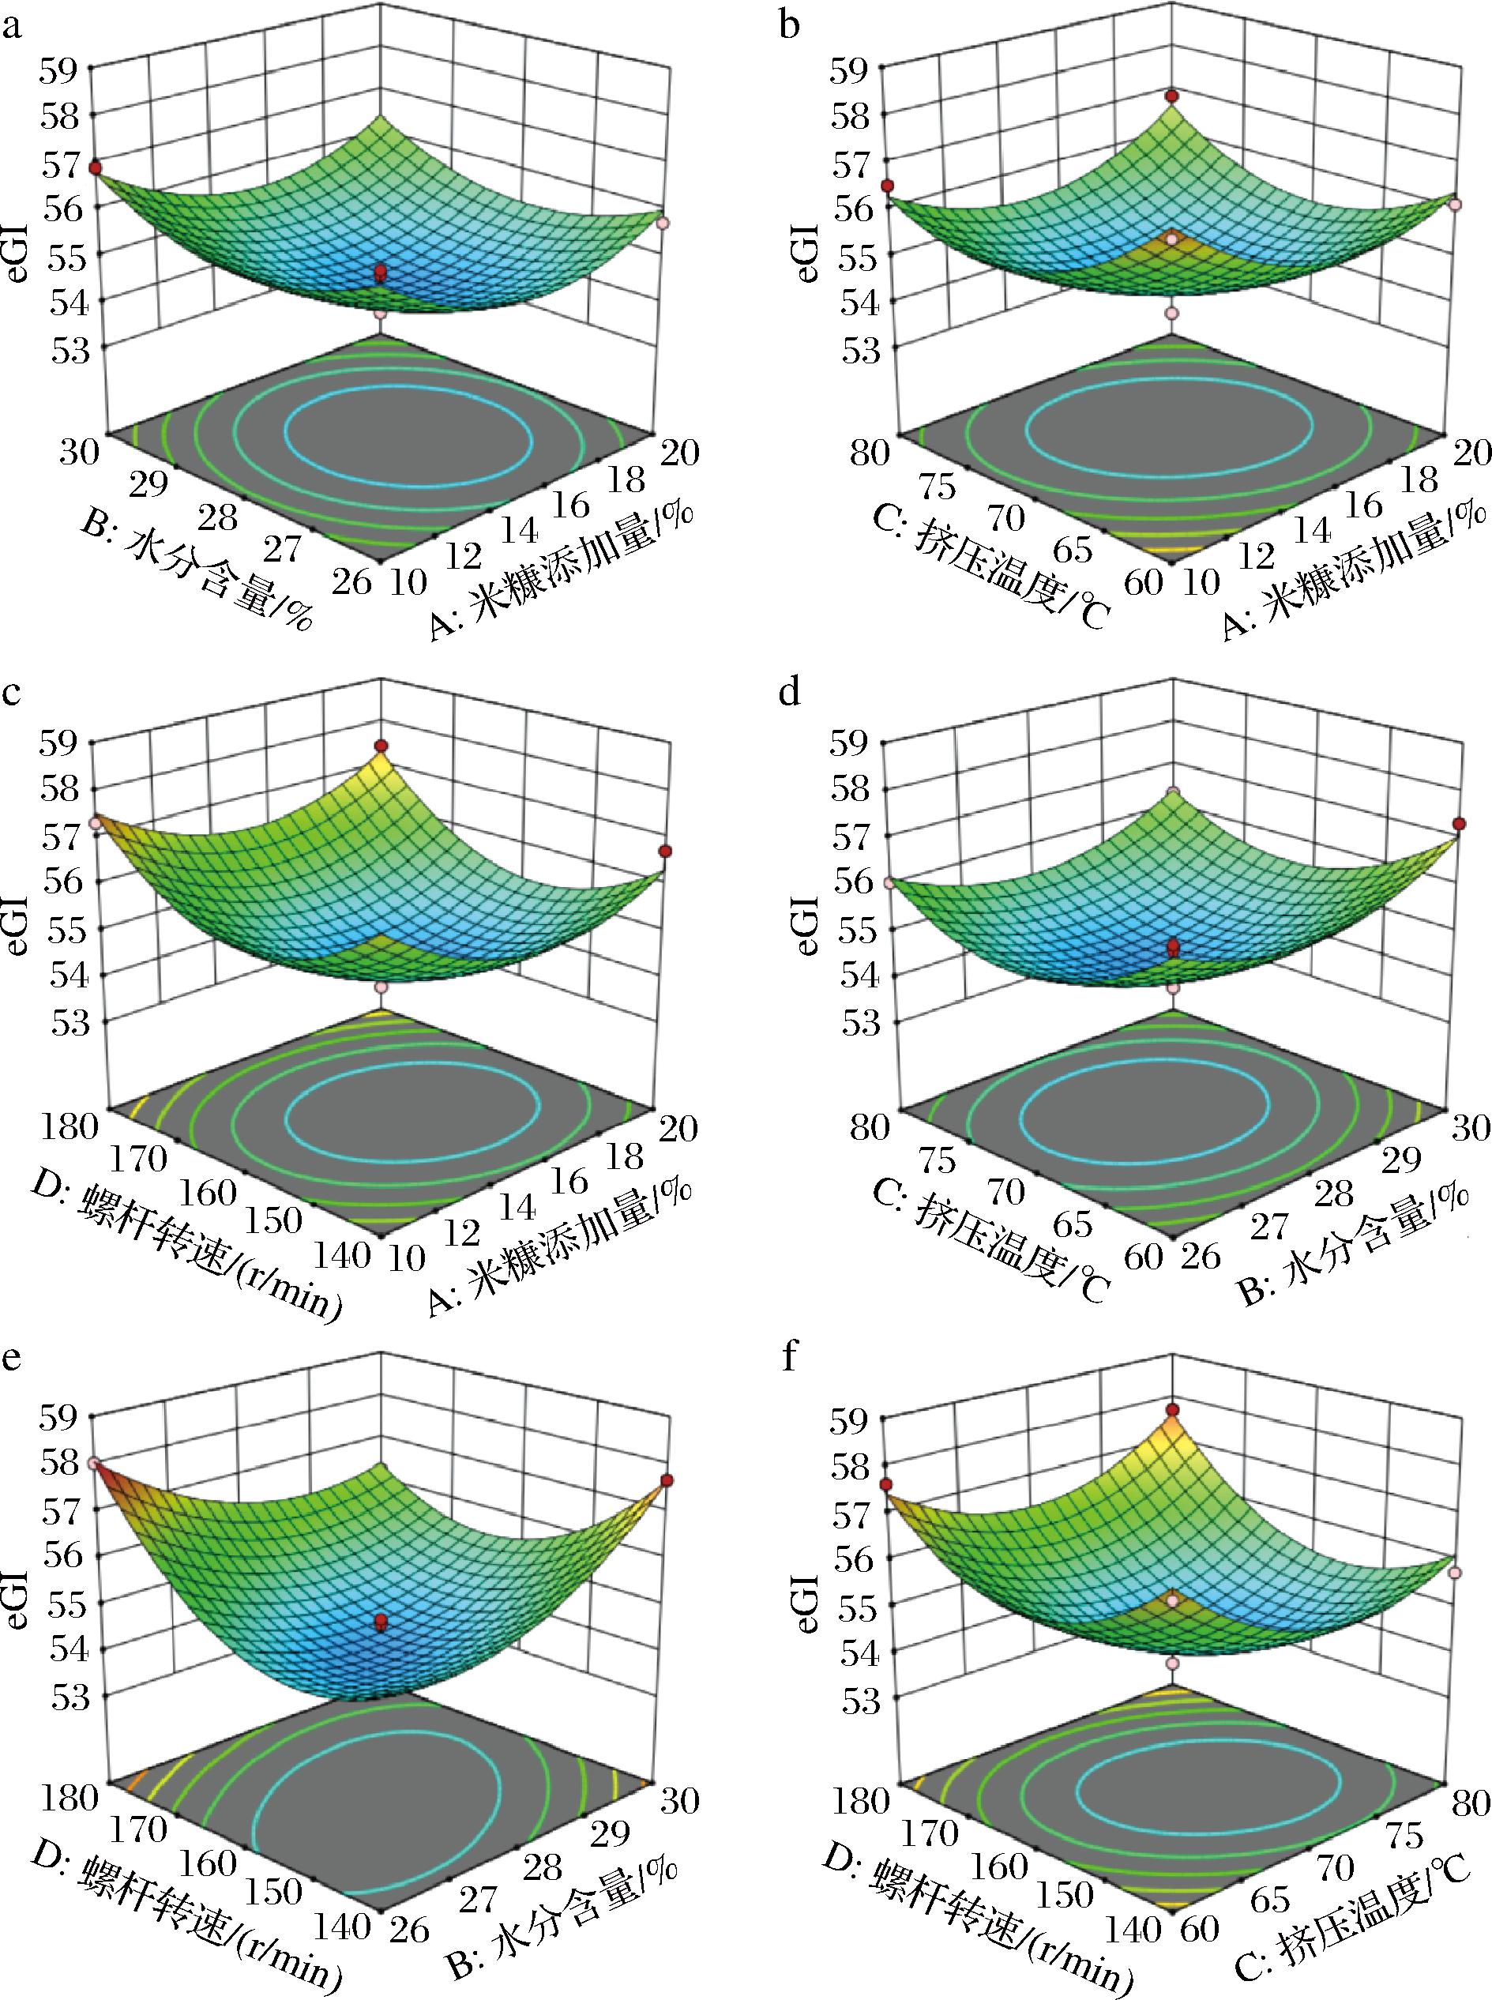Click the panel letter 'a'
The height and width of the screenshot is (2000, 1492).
[12, 28]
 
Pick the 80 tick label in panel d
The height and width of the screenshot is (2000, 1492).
[869, 1127]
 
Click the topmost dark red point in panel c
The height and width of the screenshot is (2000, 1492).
[381, 745]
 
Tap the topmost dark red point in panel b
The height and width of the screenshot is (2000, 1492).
[1172, 96]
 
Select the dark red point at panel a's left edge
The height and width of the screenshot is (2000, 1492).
[94, 168]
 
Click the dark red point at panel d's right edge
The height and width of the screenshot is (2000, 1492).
[1459, 824]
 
